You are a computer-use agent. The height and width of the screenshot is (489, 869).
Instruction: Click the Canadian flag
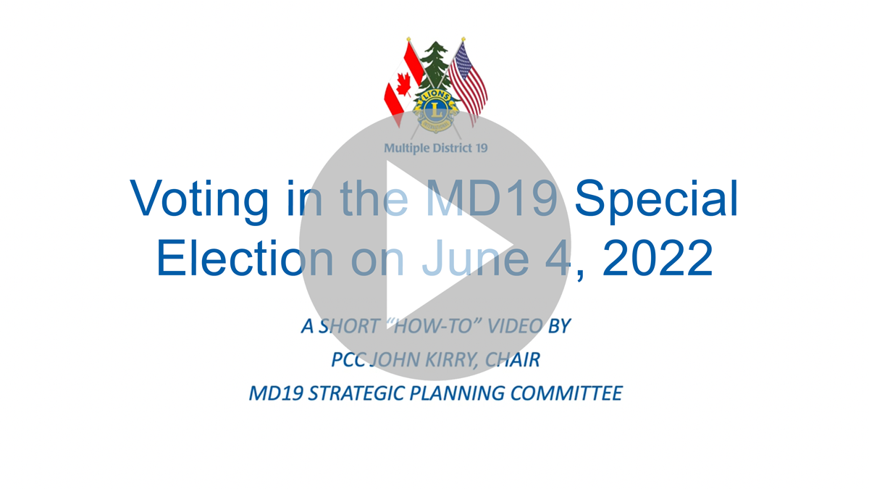coord(403,83)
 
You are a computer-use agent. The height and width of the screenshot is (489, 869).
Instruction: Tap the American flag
coord(468,83)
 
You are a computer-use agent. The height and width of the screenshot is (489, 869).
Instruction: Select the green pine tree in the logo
coord(436,66)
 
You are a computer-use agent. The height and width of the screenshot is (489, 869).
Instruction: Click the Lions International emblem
coord(436,111)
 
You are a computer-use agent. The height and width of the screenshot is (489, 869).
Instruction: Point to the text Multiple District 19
coord(436,148)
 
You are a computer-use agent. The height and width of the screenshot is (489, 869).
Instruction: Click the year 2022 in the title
coord(658,258)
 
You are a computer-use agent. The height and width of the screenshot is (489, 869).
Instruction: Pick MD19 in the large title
coord(492,198)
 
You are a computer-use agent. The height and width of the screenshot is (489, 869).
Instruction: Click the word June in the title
coord(475,258)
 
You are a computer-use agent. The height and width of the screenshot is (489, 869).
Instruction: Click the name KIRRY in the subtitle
coord(450,360)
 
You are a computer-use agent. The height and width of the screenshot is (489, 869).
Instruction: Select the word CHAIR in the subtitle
coord(512,360)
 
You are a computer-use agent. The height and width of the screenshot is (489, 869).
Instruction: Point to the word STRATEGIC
coord(356,393)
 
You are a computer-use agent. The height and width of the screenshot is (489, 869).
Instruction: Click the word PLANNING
coord(457,393)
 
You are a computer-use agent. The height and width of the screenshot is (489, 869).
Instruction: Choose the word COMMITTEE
coord(566,393)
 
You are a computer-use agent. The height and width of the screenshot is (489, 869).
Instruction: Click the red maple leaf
coord(404,85)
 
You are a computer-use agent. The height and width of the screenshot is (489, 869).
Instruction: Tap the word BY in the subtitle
coord(559,326)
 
